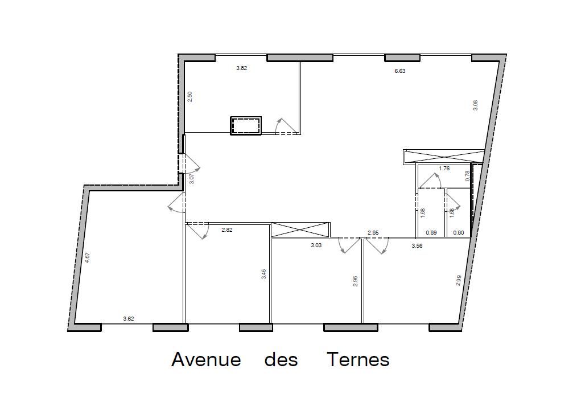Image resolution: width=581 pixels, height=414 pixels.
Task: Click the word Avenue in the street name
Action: (206, 360)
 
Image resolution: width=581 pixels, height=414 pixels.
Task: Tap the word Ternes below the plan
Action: (358, 360)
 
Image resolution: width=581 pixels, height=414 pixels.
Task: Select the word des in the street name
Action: (281, 360)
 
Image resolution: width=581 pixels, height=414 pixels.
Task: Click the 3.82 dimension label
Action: (242, 68)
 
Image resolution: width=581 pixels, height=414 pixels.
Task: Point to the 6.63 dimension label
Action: (400, 71)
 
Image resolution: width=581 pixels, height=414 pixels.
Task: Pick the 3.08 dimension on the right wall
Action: (476, 105)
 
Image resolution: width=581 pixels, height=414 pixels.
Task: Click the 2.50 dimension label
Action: (190, 97)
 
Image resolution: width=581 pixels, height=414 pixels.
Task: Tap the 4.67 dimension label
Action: (88, 257)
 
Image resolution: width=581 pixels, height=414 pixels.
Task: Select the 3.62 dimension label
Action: (129, 319)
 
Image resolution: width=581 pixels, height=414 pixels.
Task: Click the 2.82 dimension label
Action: (226, 230)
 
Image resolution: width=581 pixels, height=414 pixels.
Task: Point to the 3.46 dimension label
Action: (263, 274)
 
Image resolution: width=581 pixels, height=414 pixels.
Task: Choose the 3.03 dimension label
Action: (316, 245)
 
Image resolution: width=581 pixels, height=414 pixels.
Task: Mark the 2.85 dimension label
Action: (373, 233)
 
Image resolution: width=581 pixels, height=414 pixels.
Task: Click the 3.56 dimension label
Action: (417, 245)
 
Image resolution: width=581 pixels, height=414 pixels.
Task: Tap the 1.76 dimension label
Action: (444, 168)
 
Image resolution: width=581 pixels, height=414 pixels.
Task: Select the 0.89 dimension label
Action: (431, 232)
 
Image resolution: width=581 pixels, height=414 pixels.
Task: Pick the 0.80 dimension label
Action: (459, 232)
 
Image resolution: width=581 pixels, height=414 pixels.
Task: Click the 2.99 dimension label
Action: (459, 280)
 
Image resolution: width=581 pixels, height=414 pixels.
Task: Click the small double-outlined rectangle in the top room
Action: (246, 125)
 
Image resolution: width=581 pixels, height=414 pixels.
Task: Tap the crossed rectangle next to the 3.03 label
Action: (300, 230)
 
